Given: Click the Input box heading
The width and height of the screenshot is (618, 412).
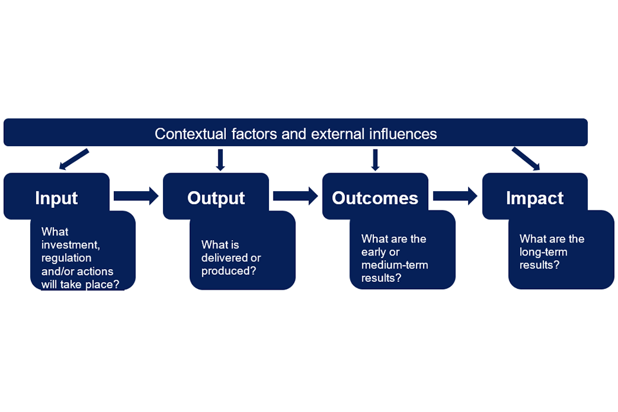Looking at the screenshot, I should [57, 198].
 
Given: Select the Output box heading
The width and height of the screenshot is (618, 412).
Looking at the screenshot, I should [216, 198].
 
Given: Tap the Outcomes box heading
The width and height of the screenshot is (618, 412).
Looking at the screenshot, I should [375, 198].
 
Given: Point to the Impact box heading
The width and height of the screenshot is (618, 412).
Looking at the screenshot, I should [535, 198].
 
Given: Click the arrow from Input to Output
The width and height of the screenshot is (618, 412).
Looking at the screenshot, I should [136, 196].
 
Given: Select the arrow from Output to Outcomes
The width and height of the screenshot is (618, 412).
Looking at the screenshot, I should [295, 196].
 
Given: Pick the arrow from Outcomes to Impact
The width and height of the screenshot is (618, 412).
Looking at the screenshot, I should [455, 196].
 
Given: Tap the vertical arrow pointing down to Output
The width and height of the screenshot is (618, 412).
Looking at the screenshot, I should [220, 160].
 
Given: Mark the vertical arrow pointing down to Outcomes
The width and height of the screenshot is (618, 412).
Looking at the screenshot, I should [375, 160].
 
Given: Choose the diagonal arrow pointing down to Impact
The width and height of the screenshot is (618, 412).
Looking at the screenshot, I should [525, 159].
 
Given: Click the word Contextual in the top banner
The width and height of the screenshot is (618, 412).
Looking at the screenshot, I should [190, 134].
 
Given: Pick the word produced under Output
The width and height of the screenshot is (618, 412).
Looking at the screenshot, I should [228, 270].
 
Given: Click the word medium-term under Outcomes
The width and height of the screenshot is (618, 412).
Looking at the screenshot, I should [395, 265].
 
